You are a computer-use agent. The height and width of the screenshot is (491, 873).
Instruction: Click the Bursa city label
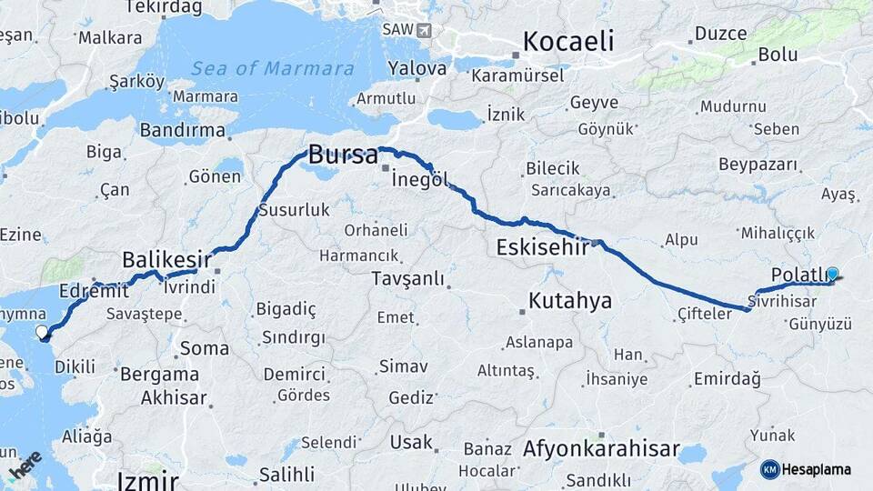343,155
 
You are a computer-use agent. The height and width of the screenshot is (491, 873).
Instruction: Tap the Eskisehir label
541,247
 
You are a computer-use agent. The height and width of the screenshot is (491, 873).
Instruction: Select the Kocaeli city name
568,42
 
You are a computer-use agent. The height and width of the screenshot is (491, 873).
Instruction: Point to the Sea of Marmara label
273,68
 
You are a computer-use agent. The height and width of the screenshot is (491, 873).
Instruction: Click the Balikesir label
166,259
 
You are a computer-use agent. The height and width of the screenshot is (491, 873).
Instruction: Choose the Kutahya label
570,301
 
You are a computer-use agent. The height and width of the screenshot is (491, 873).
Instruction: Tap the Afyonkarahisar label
601,449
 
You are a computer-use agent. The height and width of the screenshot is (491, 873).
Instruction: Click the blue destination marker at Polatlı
832,272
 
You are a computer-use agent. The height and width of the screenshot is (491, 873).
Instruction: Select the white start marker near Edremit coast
42,333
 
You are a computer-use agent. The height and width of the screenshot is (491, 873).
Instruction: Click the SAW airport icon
424,29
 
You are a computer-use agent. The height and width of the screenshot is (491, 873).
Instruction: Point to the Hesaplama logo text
817,469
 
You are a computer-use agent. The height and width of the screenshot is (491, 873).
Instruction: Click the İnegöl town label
419,179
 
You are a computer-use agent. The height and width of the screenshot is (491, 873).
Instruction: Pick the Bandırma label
182,130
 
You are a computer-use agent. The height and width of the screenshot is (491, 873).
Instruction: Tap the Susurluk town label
294,210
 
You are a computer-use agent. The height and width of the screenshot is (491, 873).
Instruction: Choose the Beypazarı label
758,165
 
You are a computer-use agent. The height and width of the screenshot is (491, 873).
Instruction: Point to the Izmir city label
147,480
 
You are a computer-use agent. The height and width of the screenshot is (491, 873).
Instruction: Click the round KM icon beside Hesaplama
769,469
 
